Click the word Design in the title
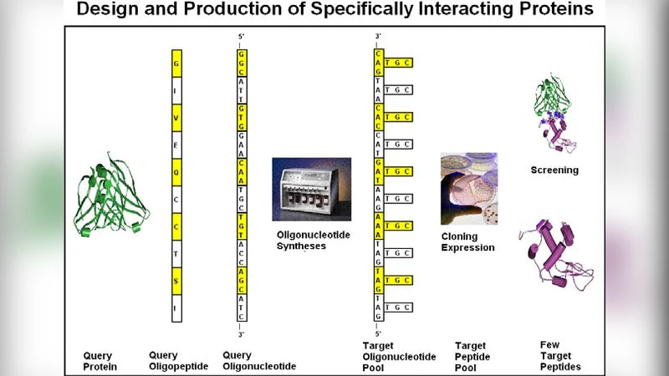pyautogui.click(x=108, y=10)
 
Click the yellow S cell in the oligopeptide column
pyautogui.click(x=176, y=281)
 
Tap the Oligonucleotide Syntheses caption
pyautogui.click(x=314, y=241)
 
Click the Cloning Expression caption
pyautogui.click(x=467, y=241)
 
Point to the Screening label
pyautogui.click(x=554, y=170)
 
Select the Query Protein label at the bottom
pyautogui.click(x=98, y=361)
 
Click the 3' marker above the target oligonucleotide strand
pyautogui.click(x=378, y=37)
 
